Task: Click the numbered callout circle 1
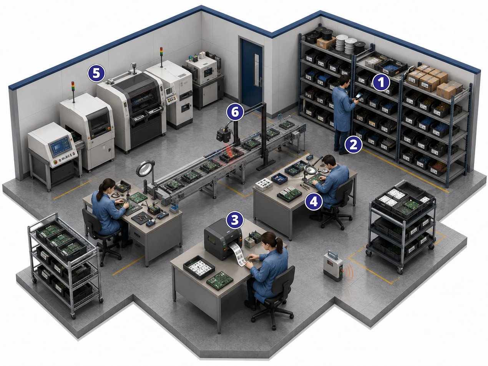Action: (381, 82)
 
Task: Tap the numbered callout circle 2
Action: (353, 145)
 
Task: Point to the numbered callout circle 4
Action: (314, 202)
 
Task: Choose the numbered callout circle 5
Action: (96, 73)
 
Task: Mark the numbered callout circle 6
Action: (235, 112)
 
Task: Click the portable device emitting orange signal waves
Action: (333, 265)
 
